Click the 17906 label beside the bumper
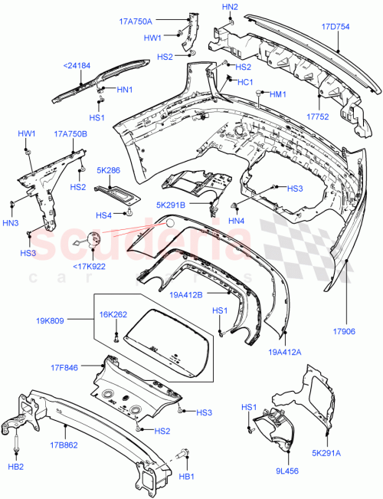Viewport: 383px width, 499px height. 345,333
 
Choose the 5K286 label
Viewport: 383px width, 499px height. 108,171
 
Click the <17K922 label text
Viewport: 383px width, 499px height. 90,266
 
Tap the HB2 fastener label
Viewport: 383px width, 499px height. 16,467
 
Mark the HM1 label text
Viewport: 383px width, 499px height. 277,95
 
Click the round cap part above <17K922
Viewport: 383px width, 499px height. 90,239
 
